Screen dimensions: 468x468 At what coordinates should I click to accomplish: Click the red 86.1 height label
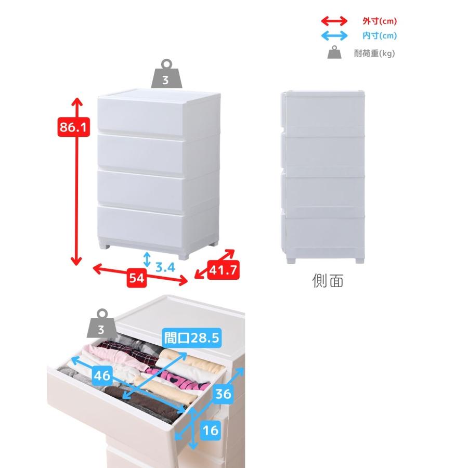click(73, 127)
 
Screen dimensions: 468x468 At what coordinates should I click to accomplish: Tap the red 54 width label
click(137, 278)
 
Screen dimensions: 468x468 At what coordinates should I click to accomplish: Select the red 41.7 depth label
click(223, 270)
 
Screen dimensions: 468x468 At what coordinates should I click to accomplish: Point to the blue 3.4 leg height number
click(165, 267)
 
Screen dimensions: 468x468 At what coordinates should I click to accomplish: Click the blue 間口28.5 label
click(192, 338)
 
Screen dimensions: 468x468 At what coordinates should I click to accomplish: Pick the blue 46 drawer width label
click(102, 375)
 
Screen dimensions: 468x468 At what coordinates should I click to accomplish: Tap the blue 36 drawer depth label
click(223, 394)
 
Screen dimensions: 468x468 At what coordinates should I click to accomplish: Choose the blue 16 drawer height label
click(211, 431)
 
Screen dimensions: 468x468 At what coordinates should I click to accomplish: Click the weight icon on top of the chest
click(166, 74)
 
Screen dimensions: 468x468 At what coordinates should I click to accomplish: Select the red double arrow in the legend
click(334, 21)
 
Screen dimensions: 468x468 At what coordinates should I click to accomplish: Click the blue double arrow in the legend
click(334, 36)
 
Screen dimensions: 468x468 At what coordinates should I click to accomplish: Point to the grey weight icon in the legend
click(334, 52)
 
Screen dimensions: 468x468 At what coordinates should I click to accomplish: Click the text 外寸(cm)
click(380, 21)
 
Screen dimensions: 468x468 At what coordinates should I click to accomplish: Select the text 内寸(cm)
click(380, 36)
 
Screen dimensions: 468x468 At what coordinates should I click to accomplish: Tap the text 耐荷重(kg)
click(374, 54)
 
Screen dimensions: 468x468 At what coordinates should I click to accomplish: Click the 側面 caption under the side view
click(328, 281)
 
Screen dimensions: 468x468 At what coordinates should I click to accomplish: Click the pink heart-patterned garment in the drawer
click(179, 380)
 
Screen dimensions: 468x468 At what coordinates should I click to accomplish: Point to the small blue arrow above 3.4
click(147, 259)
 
